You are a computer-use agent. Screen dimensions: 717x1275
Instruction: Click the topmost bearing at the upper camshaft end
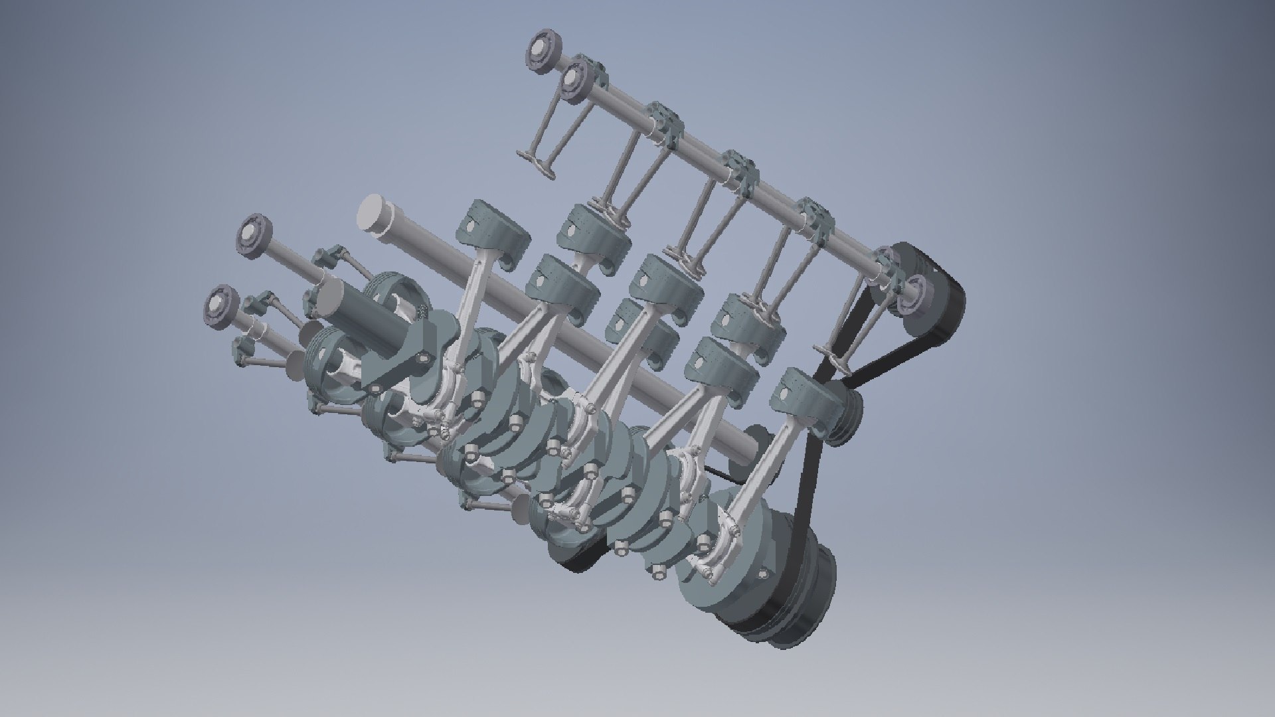(x=545, y=49)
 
